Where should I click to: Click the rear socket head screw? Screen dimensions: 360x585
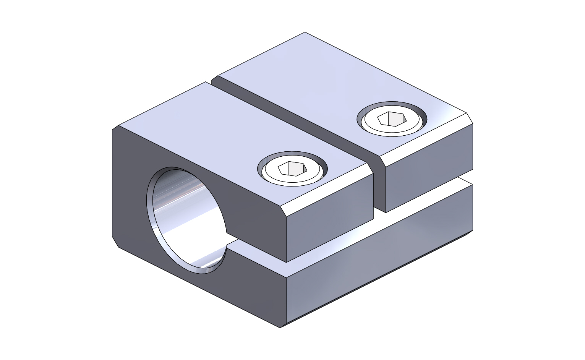pos(392,119)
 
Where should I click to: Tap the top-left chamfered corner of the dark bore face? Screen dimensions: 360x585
pos(115,128)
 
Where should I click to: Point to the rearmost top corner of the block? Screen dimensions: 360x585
pos(305,32)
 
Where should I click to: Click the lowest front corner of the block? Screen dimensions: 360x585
pos(281,327)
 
